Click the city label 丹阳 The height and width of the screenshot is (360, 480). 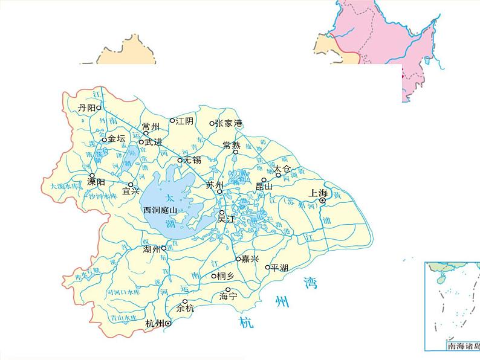87,108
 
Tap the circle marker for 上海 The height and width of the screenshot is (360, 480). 323,201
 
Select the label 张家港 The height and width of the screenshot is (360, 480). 229,123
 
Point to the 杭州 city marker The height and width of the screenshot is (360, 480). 168,324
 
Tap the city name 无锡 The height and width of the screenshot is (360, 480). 192,161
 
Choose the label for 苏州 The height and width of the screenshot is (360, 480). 215,185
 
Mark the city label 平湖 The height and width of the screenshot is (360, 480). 280,267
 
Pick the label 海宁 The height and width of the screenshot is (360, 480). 229,297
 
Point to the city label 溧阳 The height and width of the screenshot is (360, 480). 96,182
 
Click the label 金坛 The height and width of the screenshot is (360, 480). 117,138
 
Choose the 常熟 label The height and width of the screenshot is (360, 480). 231,145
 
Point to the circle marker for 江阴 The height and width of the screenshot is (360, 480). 172,121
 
